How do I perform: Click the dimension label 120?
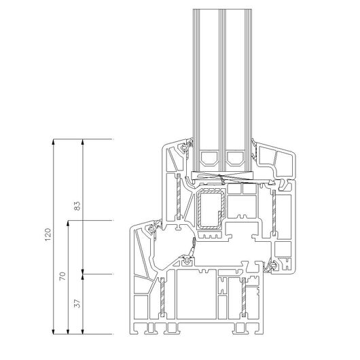point(48,234)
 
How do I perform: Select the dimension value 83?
point(78,206)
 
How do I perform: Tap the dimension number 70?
point(62,276)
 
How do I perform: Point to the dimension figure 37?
point(78,304)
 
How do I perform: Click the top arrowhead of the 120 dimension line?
point(53,142)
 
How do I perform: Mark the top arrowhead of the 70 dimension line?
point(68,223)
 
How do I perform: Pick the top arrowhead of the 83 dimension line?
point(83,142)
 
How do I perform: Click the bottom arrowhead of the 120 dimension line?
point(53,331)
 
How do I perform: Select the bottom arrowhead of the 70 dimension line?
point(68,331)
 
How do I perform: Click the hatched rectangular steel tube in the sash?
point(211,209)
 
